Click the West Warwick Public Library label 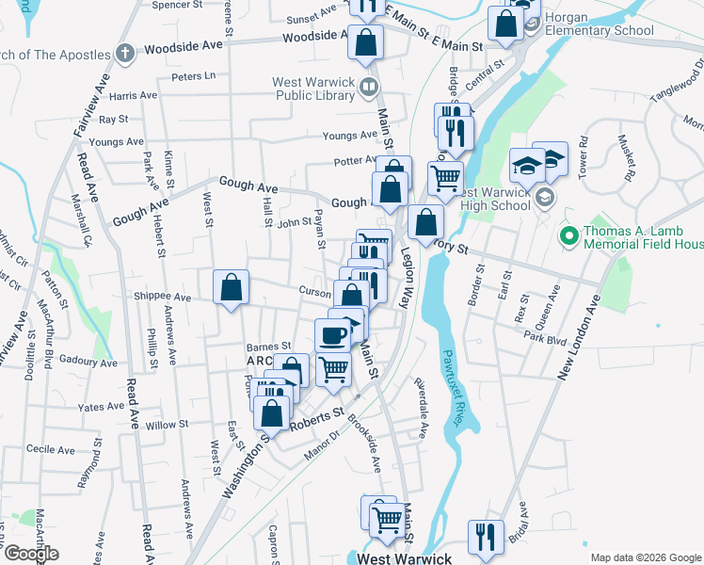(312, 88)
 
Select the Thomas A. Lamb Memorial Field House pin (567, 234)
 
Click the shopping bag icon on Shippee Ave (231, 289)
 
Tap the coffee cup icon (331, 336)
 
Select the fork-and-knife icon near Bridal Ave (486, 537)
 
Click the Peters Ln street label (195, 75)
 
